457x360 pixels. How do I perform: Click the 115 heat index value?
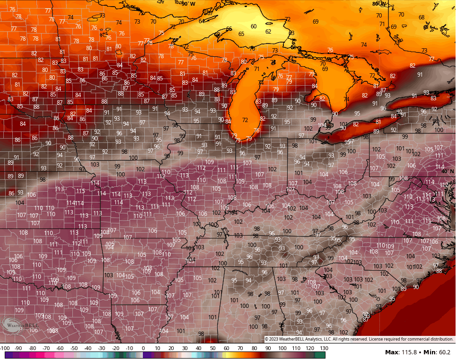(x=80, y=191)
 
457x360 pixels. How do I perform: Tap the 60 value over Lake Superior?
(x=254, y=26)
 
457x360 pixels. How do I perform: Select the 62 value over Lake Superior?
(x=268, y=32)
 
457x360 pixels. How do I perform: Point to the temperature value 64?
(x=202, y=21)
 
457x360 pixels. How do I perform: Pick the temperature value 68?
(x=422, y=18)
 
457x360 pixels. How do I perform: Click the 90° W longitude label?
(x=188, y=4)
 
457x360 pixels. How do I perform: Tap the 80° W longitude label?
(x=379, y=4)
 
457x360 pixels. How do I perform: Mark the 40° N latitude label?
(x=447, y=172)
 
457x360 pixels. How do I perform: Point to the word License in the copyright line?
(x=378, y=339)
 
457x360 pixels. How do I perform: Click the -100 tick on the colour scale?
(x=4, y=348)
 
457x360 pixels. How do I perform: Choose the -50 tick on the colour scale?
(x=74, y=348)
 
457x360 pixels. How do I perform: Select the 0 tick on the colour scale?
(x=143, y=348)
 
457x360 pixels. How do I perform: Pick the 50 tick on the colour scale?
(x=213, y=348)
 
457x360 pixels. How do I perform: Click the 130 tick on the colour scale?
(x=324, y=348)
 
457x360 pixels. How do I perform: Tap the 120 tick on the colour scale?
(x=310, y=348)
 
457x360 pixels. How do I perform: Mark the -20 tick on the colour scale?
(x=115, y=348)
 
